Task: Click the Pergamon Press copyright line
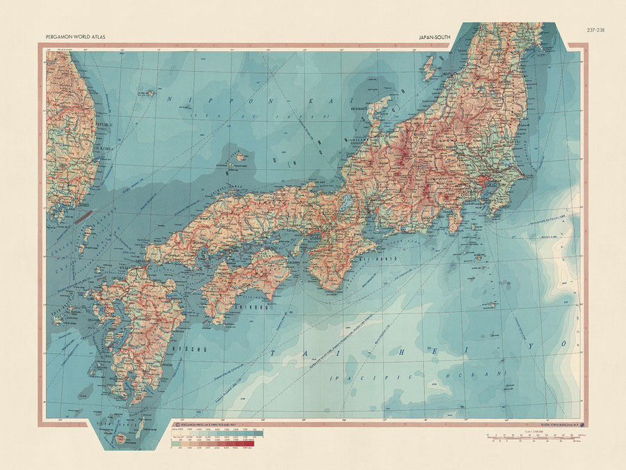209,423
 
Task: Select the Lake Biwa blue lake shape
346,202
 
